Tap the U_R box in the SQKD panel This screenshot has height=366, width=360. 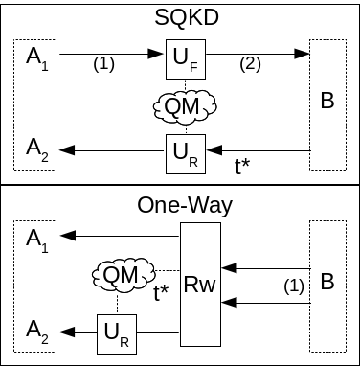tap(184, 152)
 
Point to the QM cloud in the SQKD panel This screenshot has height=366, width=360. tap(183, 106)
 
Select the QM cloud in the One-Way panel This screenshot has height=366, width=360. tap(120, 276)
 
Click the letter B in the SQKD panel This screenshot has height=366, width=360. tap(326, 101)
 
